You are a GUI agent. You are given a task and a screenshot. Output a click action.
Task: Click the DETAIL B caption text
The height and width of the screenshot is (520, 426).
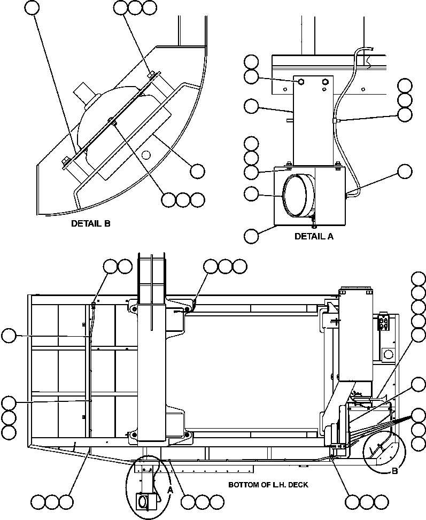(91, 224)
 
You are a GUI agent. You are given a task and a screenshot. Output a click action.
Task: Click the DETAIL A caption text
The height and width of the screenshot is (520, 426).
(314, 236)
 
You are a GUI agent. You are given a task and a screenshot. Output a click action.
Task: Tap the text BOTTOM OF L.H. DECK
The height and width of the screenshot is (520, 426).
(268, 485)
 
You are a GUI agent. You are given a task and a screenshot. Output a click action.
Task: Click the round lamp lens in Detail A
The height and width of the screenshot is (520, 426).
(295, 196)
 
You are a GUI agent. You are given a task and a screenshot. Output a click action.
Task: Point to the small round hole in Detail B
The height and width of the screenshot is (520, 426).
(145, 155)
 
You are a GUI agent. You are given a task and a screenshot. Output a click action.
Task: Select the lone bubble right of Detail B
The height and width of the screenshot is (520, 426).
(197, 171)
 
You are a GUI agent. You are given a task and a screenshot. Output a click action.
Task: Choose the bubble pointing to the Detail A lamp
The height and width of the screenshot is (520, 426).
(251, 193)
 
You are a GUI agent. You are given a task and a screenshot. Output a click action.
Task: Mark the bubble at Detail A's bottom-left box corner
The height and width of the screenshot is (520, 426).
(251, 235)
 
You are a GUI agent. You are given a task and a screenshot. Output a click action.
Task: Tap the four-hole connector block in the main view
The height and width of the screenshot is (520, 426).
(383, 323)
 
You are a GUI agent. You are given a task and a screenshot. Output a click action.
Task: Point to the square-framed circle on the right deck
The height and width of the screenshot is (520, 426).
(387, 354)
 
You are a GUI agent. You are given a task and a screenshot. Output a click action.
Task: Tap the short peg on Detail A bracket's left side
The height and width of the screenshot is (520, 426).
(290, 121)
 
